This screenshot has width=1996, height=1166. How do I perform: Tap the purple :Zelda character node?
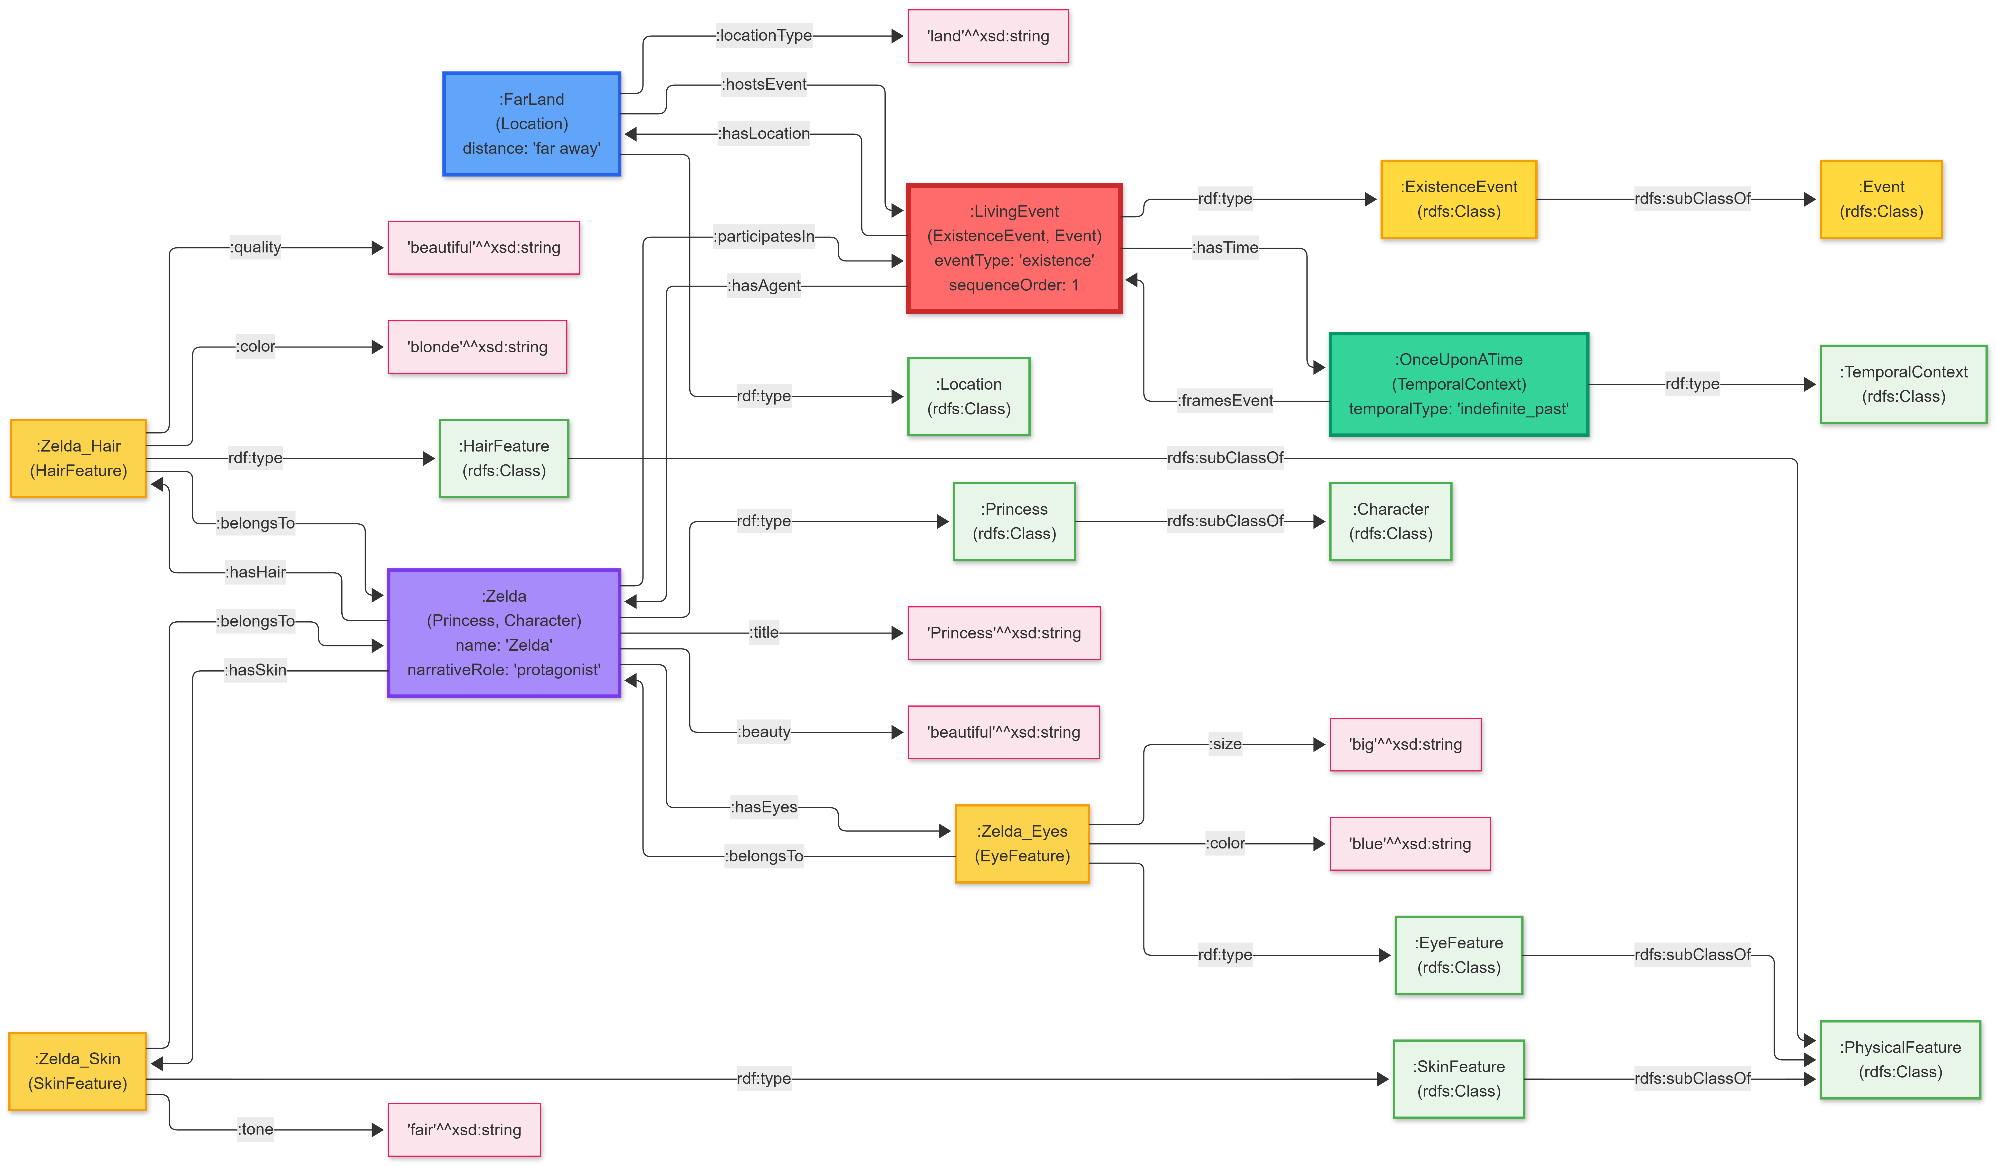[x=504, y=633]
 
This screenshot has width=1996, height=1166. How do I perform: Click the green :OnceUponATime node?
[x=1458, y=384]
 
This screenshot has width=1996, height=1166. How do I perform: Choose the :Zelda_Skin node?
[x=78, y=1071]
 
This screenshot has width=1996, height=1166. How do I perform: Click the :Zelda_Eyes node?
[x=1022, y=844]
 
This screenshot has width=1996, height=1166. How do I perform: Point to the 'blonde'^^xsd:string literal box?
[x=477, y=347]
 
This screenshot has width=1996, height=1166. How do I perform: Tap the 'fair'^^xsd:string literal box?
[x=464, y=1129]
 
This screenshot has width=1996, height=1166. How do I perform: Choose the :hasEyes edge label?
[x=764, y=807]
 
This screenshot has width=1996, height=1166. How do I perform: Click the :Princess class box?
[x=1014, y=521]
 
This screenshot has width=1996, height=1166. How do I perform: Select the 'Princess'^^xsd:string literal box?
[x=1004, y=633]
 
